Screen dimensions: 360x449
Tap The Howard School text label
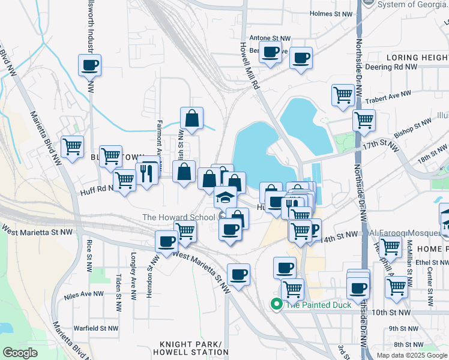point(179,217)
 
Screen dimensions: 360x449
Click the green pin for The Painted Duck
point(276,304)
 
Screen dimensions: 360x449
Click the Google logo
point(20,353)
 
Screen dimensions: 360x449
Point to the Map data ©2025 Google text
point(411,355)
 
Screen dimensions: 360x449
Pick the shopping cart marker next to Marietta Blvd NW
point(72,146)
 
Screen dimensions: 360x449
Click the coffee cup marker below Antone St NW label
point(270,53)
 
